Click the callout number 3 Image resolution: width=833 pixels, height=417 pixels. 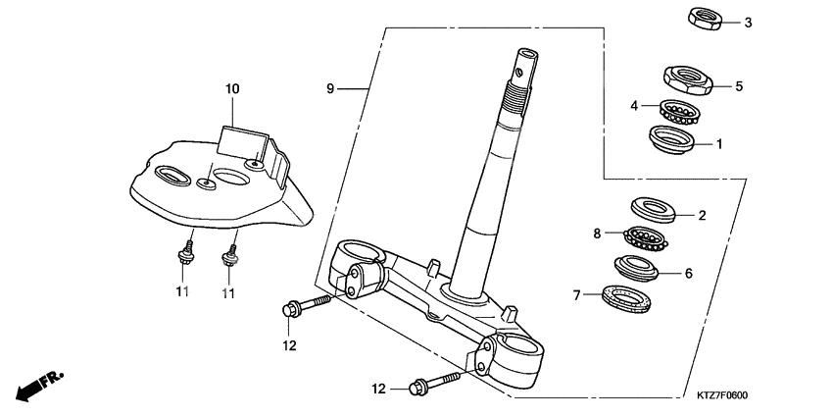point(748,23)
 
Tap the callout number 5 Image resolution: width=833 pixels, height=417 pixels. point(739,86)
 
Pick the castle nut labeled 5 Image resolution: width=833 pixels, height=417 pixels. point(686,77)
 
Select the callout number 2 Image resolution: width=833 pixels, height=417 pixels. point(702,214)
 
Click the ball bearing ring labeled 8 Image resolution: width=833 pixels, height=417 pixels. point(651,237)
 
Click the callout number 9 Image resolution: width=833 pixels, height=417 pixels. point(331,89)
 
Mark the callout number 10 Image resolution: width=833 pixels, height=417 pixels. point(232,89)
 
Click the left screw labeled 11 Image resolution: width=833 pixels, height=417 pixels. point(183,258)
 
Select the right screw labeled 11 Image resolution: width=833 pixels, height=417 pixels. point(230,259)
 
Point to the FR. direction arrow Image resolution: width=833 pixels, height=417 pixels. point(36,385)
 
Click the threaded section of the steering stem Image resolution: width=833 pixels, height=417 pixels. point(515,93)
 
